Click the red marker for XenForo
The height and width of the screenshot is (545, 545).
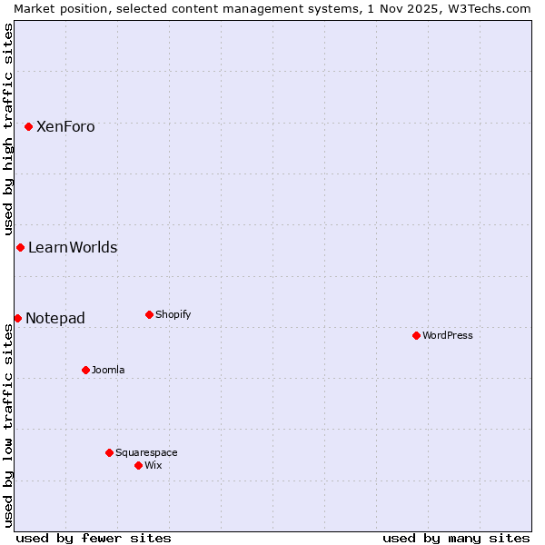[x=28, y=126]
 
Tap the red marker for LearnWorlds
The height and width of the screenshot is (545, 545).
[x=20, y=248]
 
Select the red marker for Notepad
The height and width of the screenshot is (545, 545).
[x=17, y=318]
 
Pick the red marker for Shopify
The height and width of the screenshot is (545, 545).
[x=149, y=315]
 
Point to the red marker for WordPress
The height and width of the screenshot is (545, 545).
[x=416, y=335]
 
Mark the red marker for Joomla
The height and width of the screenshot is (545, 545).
[x=85, y=370]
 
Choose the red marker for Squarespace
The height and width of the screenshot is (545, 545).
[x=109, y=452]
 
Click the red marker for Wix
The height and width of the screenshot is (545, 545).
[x=138, y=465]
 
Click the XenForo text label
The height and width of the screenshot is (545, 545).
[x=65, y=127]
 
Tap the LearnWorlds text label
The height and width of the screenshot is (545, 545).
[x=73, y=248]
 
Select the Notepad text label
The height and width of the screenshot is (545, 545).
[x=55, y=318]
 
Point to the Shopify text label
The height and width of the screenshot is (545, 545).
[x=173, y=315]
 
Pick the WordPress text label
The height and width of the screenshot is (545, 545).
[x=447, y=335]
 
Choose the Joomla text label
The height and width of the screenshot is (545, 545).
[x=108, y=370]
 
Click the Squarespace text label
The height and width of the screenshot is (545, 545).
[x=146, y=452]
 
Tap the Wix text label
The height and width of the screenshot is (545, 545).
[x=153, y=465]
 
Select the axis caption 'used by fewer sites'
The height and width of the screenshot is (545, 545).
[x=94, y=538]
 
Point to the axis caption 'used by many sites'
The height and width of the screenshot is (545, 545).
[x=456, y=538]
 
